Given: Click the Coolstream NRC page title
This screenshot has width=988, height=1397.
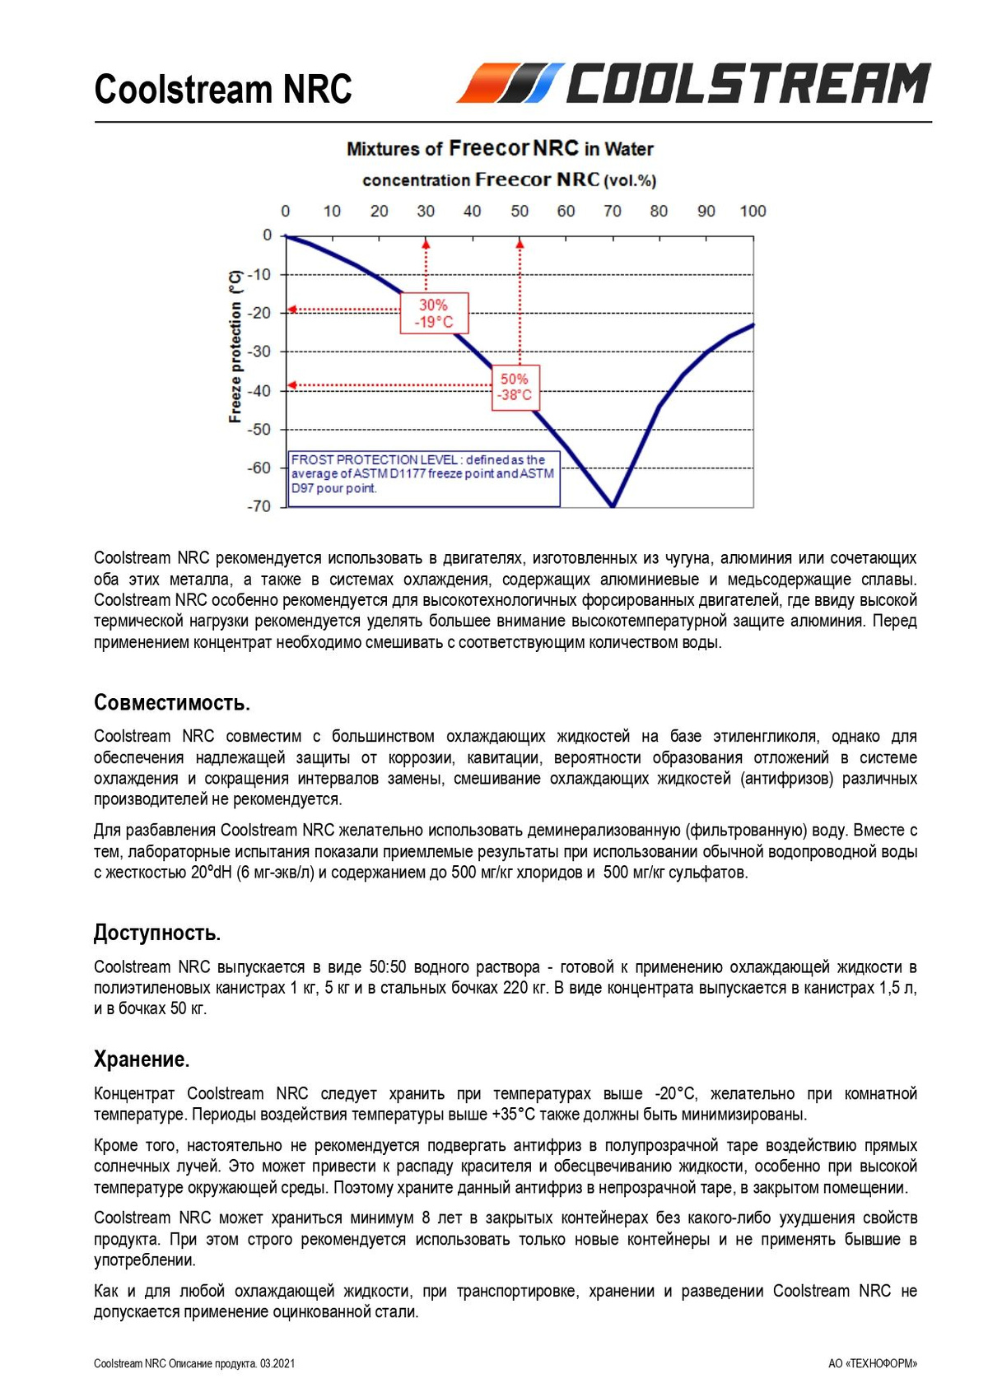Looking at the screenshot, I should coord(223,90).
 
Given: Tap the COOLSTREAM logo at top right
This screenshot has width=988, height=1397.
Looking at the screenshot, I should coord(694,84).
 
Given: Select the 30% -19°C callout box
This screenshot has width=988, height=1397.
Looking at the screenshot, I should coord(434,313).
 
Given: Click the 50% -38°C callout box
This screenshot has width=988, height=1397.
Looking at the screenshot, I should coord(515,387).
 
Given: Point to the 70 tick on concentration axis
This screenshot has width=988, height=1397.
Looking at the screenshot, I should coord(613,212).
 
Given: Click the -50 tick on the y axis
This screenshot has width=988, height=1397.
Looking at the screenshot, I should coord(260,429).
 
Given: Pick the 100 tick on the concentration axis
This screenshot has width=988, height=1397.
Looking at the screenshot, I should coord(753,212).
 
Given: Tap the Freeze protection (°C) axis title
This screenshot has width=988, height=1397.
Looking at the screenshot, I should coord(235,347).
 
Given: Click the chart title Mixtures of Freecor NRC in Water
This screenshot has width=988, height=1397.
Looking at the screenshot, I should coord(500,149).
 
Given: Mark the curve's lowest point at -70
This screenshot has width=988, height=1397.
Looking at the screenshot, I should coord(613,505).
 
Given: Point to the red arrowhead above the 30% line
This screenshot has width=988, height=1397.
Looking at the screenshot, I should coord(426,242).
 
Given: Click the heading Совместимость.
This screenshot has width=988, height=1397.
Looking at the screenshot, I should coord(171,703).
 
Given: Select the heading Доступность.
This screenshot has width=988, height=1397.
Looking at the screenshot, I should coord(156,933).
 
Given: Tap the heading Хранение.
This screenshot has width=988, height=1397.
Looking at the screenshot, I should coord(142,1059).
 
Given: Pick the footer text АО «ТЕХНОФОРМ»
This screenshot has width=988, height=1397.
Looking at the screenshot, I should coord(872,1364).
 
